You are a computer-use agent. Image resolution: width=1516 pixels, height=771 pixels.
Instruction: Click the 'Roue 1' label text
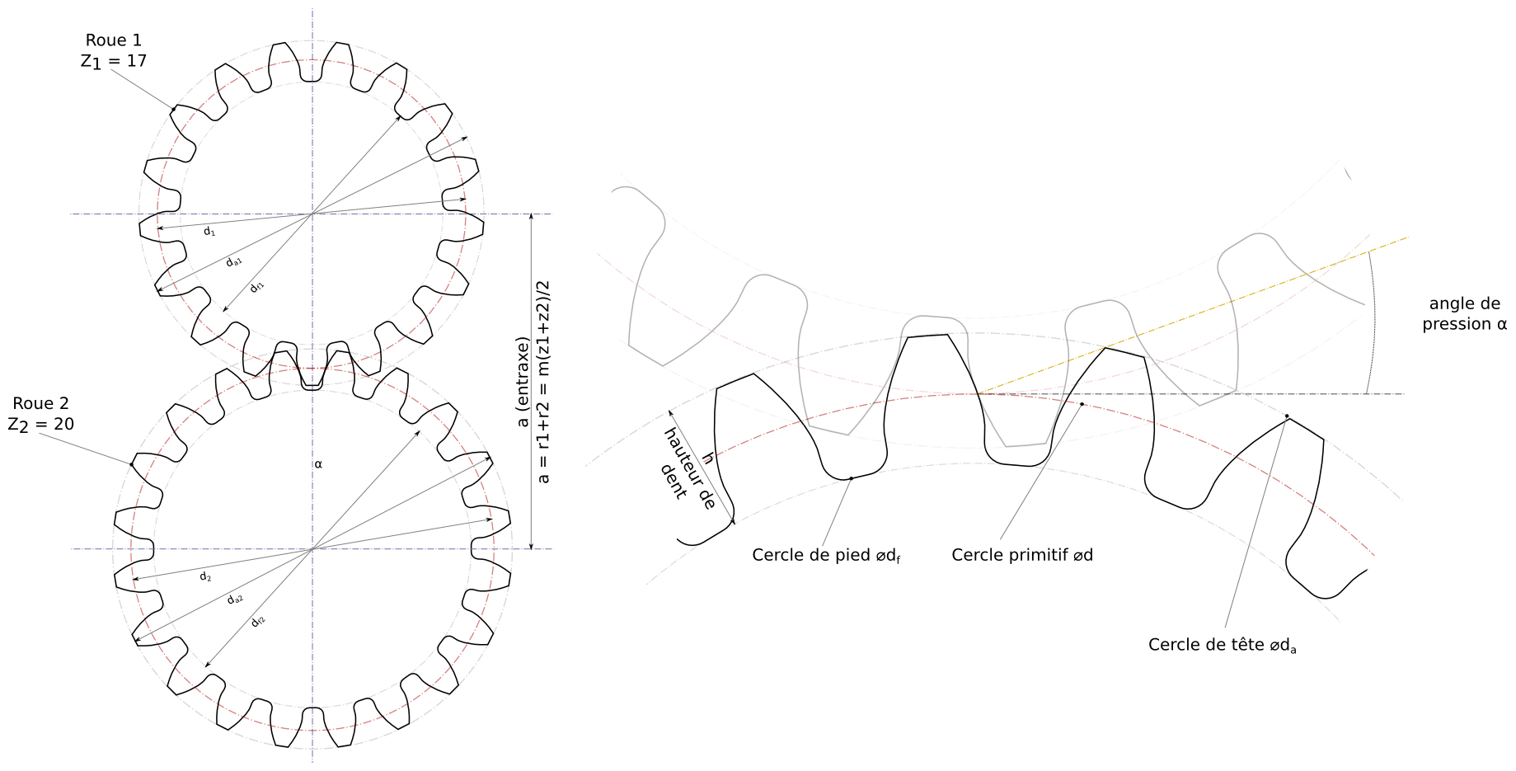click(114, 40)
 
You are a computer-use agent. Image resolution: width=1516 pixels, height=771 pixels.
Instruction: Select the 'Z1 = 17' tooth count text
click(114, 61)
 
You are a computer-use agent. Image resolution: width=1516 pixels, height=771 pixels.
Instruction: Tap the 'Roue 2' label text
click(41, 403)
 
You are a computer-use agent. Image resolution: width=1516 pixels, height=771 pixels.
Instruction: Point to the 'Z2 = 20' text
click(41, 424)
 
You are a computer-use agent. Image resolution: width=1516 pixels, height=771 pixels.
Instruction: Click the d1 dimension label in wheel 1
click(209, 232)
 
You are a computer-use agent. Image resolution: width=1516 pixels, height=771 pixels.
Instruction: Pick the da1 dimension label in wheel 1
click(234, 261)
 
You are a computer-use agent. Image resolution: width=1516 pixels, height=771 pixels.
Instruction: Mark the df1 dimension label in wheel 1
click(257, 287)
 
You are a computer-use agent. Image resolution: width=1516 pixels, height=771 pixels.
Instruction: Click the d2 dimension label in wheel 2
click(206, 576)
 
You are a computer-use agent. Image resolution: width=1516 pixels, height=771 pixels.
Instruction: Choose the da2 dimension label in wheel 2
click(236, 599)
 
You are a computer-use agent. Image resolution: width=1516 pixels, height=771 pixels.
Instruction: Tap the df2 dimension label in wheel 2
click(258, 621)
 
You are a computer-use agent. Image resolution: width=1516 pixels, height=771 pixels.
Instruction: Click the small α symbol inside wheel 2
click(318, 464)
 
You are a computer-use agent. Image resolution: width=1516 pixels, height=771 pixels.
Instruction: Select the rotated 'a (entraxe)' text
click(523, 382)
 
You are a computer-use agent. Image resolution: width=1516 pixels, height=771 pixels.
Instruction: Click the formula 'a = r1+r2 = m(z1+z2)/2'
click(543, 382)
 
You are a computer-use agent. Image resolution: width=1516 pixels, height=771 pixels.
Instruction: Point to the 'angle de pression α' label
click(1464, 314)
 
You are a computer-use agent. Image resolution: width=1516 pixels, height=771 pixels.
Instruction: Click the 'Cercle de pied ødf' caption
click(826, 555)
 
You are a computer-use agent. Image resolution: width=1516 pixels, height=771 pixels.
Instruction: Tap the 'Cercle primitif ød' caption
click(1021, 555)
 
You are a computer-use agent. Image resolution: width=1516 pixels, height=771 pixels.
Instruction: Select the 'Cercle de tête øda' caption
click(1222, 645)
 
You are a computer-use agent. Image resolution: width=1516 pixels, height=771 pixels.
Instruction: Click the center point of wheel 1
click(312, 214)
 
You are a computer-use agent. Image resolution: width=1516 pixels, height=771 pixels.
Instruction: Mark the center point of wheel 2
click(312, 549)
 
